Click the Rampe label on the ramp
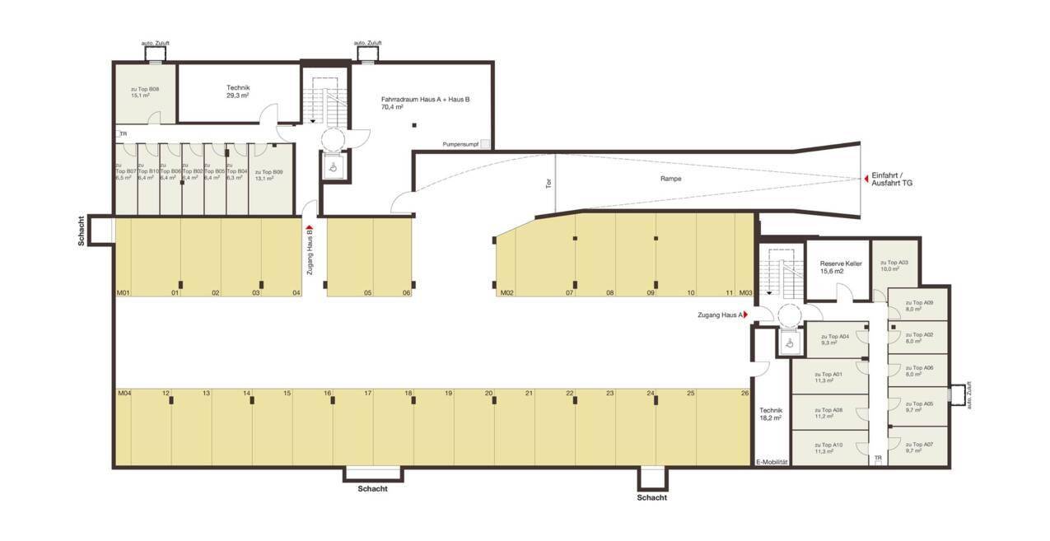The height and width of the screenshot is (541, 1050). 670,178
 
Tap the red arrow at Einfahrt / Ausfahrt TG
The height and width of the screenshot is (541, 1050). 865,178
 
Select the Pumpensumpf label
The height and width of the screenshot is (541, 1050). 460,143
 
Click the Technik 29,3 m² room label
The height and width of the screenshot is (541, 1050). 238,91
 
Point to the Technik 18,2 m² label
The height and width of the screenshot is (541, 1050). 771,413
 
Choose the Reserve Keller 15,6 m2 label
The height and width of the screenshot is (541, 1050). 840,267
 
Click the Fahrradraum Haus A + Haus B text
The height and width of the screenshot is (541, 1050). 425,102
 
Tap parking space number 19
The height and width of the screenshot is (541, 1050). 449,394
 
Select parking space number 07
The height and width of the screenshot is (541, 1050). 569,292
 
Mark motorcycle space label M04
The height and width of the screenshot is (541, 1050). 124,394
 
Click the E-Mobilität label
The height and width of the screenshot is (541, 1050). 772,462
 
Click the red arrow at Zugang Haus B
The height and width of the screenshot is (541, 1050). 310,230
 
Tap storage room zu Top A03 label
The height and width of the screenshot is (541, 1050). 894,265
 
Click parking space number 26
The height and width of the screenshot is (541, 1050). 744,394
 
